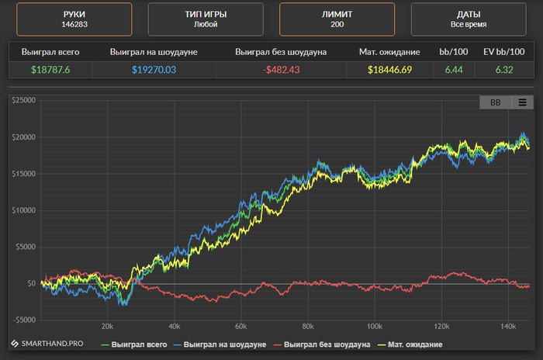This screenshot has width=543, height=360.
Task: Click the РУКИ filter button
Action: pyautogui.click(x=73, y=19)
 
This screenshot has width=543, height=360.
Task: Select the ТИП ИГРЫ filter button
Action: pyautogui.click(x=205, y=19)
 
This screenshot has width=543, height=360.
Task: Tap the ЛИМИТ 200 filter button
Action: pyautogui.click(x=337, y=19)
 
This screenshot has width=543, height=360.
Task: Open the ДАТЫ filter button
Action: pyautogui.click(x=469, y=19)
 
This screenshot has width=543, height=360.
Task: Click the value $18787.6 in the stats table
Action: pyautogui.click(x=50, y=70)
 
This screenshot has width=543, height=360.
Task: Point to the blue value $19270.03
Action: pyautogui.click(x=154, y=70)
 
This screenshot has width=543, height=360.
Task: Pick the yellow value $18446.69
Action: pyautogui.click(x=389, y=70)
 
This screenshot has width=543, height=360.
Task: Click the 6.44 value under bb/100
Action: pyautogui.click(x=454, y=70)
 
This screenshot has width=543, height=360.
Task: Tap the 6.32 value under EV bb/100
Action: pyautogui.click(x=503, y=70)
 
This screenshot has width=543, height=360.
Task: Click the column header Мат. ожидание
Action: pyautogui.click(x=389, y=52)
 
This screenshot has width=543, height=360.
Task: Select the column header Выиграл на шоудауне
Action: pyautogui.click(x=154, y=52)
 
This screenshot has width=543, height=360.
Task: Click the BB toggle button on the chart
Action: pyautogui.click(x=495, y=102)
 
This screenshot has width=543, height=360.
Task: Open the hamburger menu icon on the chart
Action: pyautogui.click(x=523, y=102)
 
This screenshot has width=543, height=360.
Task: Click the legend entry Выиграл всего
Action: pyautogui.click(x=137, y=344)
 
